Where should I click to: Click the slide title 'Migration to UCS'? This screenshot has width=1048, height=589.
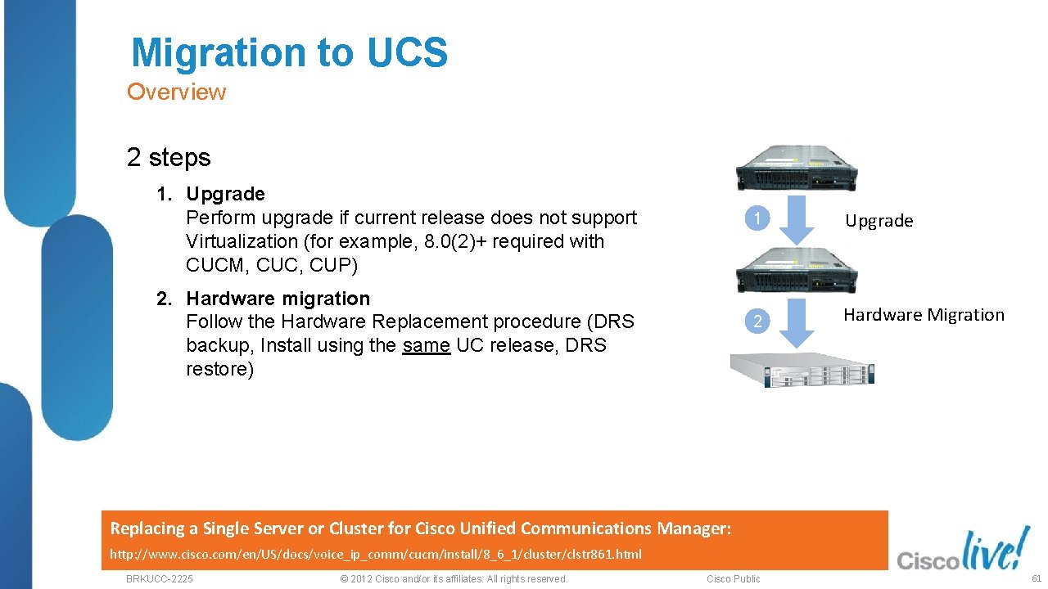[289, 52]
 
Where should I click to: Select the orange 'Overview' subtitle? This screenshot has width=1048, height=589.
[176, 92]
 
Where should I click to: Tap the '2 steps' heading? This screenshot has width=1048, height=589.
[169, 157]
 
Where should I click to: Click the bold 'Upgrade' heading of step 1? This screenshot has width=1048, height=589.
[225, 194]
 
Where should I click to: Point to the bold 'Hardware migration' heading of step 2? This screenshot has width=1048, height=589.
[278, 299]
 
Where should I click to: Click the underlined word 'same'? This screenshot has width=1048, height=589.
[426, 345]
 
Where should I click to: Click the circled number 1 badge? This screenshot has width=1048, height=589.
[758, 219]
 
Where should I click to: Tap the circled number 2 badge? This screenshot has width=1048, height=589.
[758, 321]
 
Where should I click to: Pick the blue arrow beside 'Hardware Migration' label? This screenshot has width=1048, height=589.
[797, 324]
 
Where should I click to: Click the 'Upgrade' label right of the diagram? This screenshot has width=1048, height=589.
[879, 221]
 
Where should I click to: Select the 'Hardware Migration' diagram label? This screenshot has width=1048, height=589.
[924, 315]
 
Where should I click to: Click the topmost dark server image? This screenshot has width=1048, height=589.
[796, 168]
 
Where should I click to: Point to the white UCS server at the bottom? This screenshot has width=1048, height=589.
[802, 371]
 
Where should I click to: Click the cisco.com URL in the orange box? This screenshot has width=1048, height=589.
[376, 555]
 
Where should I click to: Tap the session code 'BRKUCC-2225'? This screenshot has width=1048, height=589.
[160, 579]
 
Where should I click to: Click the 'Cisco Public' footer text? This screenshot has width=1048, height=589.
[734, 579]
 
